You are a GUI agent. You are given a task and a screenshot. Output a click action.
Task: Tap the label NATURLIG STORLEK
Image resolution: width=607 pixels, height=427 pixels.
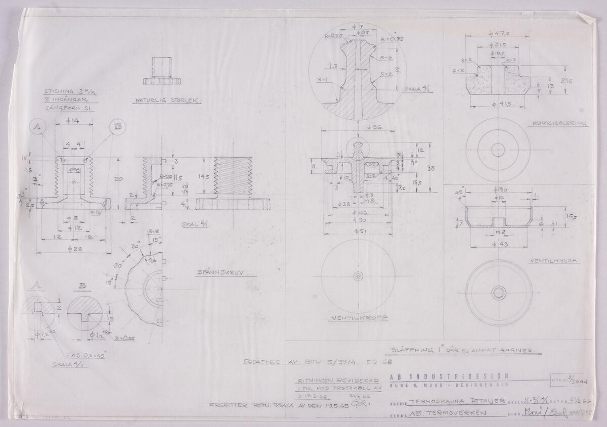click(167, 100)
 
